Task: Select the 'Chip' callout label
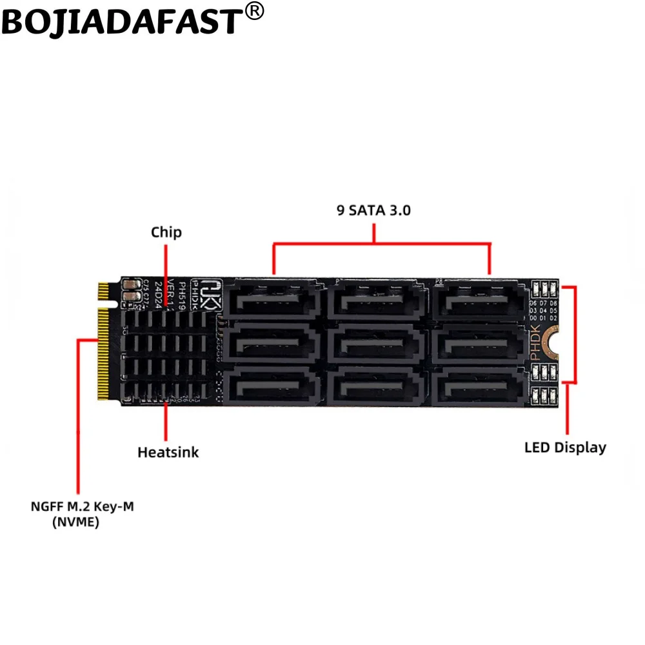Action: [x=166, y=232]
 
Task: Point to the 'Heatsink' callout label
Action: [x=168, y=451]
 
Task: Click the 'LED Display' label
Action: [x=565, y=447]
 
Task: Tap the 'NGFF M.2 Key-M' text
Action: [x=83, y=507]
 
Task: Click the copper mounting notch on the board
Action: [x=550, y=340]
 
